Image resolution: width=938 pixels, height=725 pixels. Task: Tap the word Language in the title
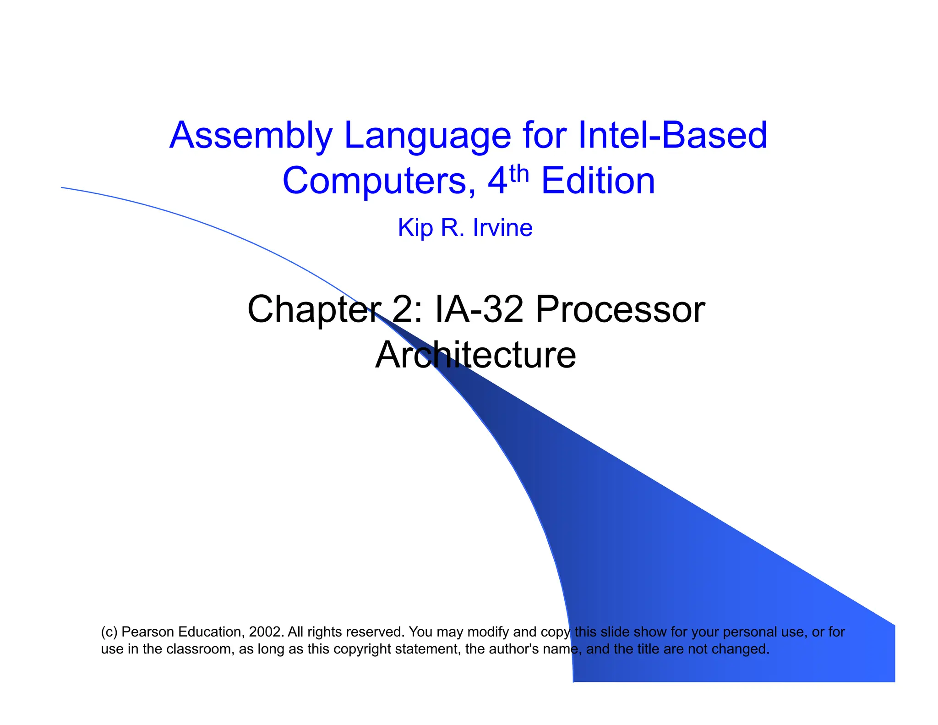click(x=427, y=136)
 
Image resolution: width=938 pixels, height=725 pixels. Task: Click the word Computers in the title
click(x=379, y=181)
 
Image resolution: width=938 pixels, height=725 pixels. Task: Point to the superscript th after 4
click(x=519, y=174)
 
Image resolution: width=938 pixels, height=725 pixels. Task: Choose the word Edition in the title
click(x=598, y=181)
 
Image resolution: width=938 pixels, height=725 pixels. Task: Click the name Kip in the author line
click(x=414, y=228)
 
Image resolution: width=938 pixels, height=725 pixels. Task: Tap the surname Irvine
click(x=502, y=228)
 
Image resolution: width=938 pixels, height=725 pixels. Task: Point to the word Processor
click(x=620, y=310)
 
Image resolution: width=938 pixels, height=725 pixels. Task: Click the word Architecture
click(x=475, y=355)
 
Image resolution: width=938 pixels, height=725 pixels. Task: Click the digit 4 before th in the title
click(x=497, y=181)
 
